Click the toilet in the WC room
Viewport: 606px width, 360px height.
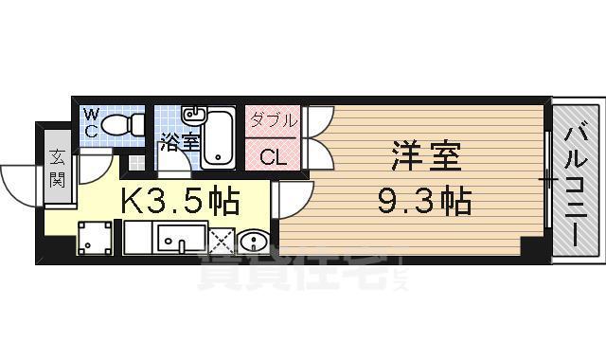click(x=122, y=124)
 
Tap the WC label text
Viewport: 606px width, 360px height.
click(x=92, y=123)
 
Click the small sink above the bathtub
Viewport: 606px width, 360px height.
click(x=193, y=115)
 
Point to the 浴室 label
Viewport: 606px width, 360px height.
click(x=179, y=143)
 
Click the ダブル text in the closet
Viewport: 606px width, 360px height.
click(x=274, y=121)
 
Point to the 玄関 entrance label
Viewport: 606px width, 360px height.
click(x=58, y=169)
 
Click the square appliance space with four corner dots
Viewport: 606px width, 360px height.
click(x=93, y=238)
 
